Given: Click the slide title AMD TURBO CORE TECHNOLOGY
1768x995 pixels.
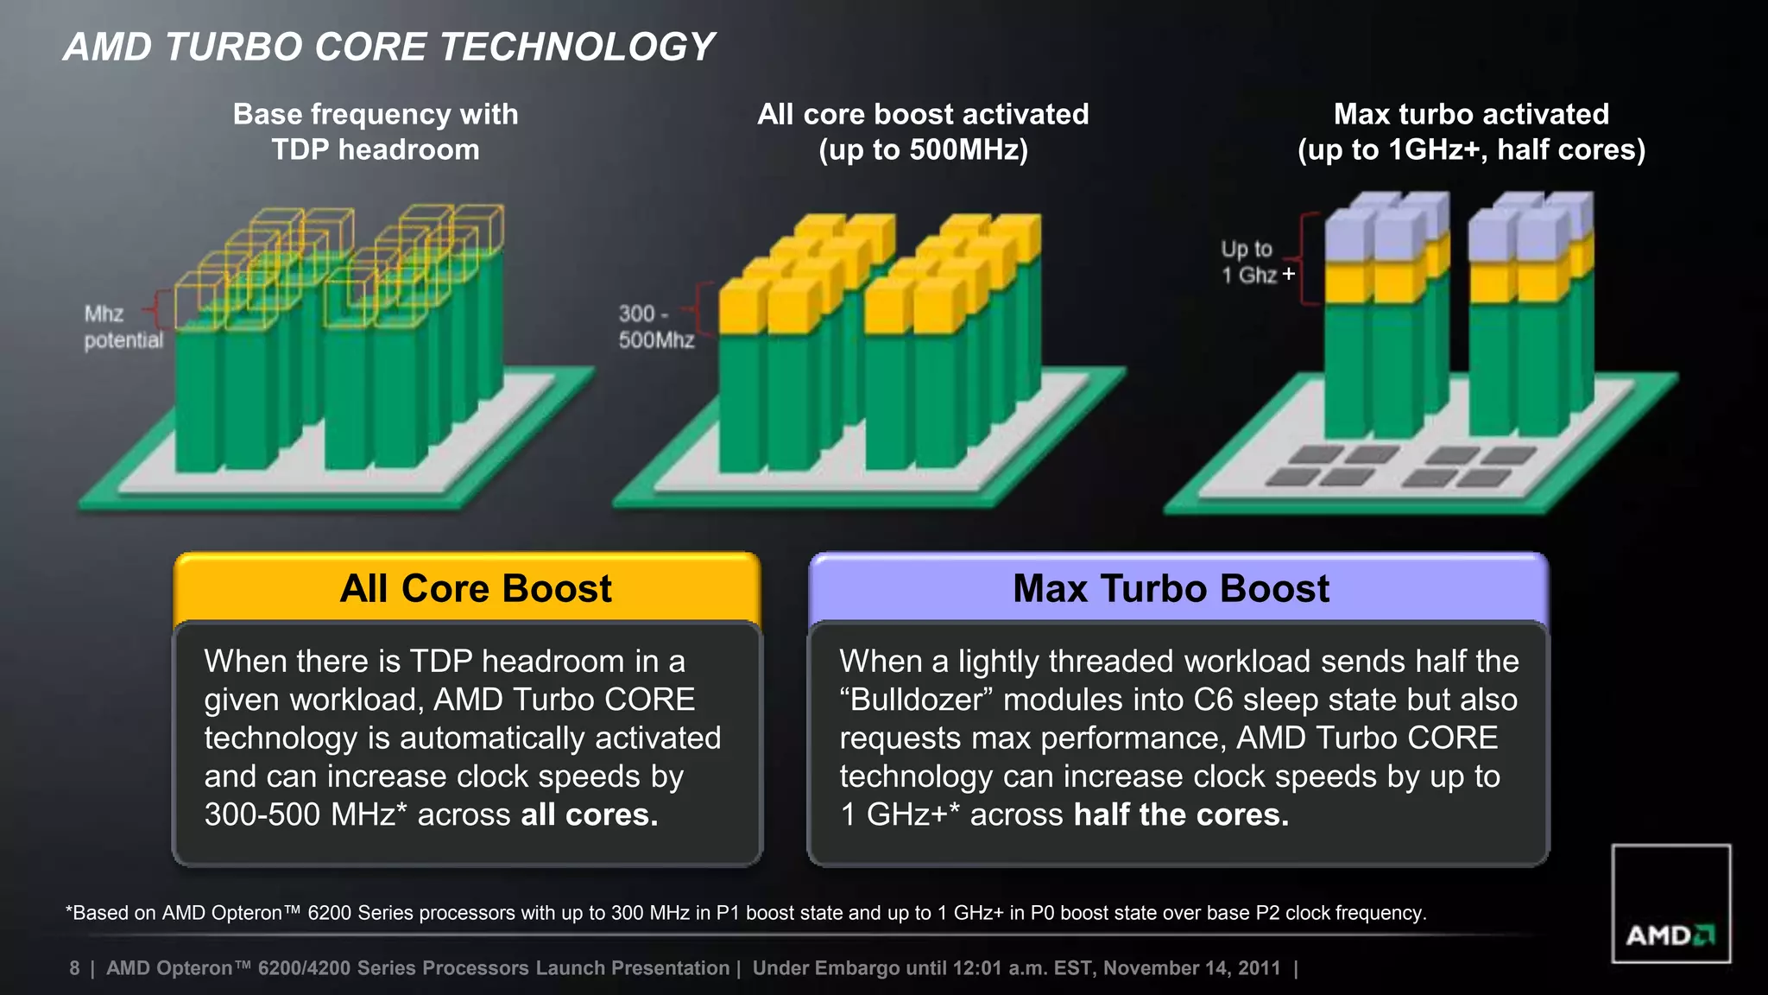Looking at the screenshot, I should pyautogui.click(x=389, y=47).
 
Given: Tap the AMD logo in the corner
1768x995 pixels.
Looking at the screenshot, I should pyautogui.click(x=1670, y=935).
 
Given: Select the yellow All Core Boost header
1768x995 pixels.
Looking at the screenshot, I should pyautogui.click(x=476, y=589).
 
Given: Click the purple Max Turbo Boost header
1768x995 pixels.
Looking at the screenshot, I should pyautogui.click(x=1171, y=589).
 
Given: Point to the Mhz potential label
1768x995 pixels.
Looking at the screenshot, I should pyautogui.click(x=122, y=326).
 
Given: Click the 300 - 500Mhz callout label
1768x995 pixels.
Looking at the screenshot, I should pyautogui.click(x=655, y=326).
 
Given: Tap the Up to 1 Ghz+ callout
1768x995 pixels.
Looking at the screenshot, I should pyautogui.click(x=1256, y=262).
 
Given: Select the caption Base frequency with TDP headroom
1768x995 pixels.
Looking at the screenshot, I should pyautogui.click(x=376, y=131).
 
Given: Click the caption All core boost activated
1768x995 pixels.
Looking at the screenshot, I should pyautogui.click(x=923, y=131).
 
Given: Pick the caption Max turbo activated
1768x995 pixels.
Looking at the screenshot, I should pyautogui.click(x=1471, y=131).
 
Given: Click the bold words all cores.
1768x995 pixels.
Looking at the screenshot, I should pyautogui.click(x=590, y=814).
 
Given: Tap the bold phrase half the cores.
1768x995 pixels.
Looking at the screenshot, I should pyautogui.click(x=1181, y=814).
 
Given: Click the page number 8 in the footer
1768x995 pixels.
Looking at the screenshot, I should pyautogui.click(x=74, y=968).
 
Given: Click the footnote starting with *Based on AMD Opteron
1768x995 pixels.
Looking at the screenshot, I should pyautogui.click(x=746, y=913).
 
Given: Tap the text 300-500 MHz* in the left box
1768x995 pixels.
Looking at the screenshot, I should pyautogui.click(x=306, y=814).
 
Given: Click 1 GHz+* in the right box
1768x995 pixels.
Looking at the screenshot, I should pyautogui.click(x=899, y=814).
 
